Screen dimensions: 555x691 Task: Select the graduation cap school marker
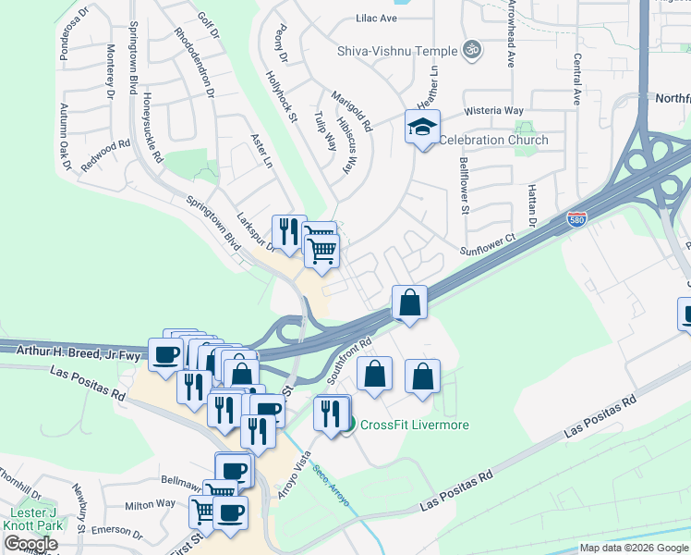[x=422, y=127]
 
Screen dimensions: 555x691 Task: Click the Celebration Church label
[x=493, y=141]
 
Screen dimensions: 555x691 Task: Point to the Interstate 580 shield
[x=574, y=219]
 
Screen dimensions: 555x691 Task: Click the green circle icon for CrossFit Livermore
[x=347, y=425]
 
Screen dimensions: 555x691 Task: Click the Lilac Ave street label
[x=376, y=18]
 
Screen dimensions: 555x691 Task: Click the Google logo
[x=30, y=544]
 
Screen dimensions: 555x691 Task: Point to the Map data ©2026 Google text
[x=633, y=548]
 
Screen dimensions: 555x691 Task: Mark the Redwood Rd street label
[x=106, y=150]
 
